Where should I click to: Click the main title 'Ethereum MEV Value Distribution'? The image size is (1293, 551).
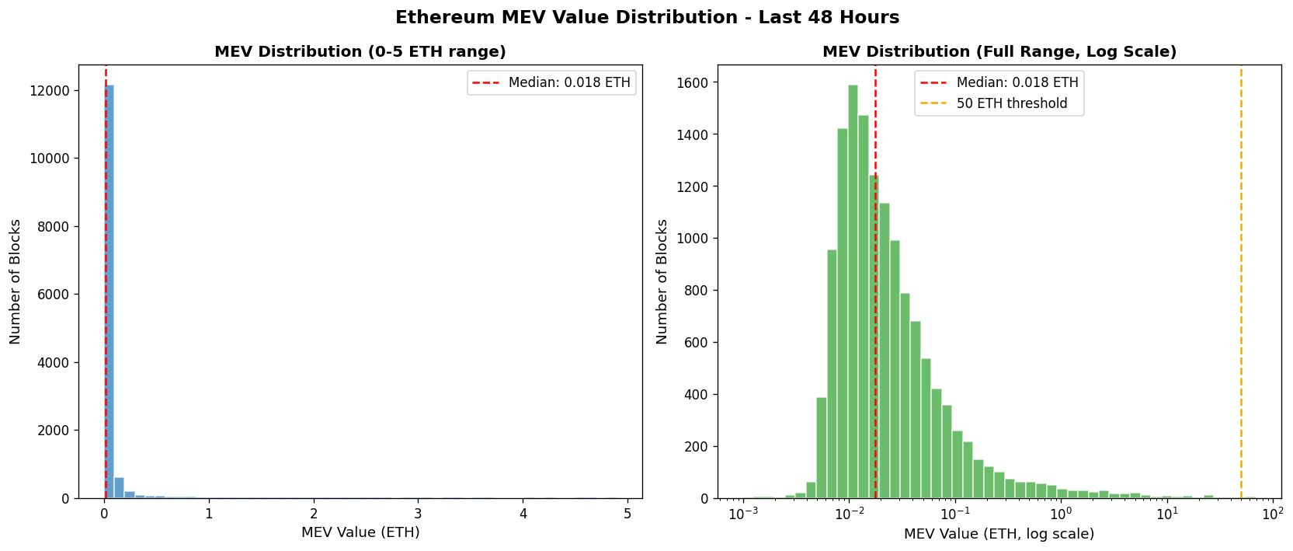click(646, 17)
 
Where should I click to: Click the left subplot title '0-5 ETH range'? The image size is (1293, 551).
click(360, 52)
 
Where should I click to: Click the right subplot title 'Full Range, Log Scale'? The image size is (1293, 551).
click(999, 52)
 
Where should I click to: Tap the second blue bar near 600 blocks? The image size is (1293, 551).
click(120, 488)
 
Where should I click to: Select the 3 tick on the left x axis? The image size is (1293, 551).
click(419, 514)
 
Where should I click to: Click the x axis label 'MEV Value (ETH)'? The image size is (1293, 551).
click(360, 533)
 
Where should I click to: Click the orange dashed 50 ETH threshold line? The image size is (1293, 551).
click(1241, 311)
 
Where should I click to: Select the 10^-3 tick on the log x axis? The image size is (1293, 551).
click(745, 514)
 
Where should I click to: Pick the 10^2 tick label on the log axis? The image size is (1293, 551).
click(1272, 514)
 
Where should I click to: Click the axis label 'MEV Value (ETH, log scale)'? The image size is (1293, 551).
click(999, 534)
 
